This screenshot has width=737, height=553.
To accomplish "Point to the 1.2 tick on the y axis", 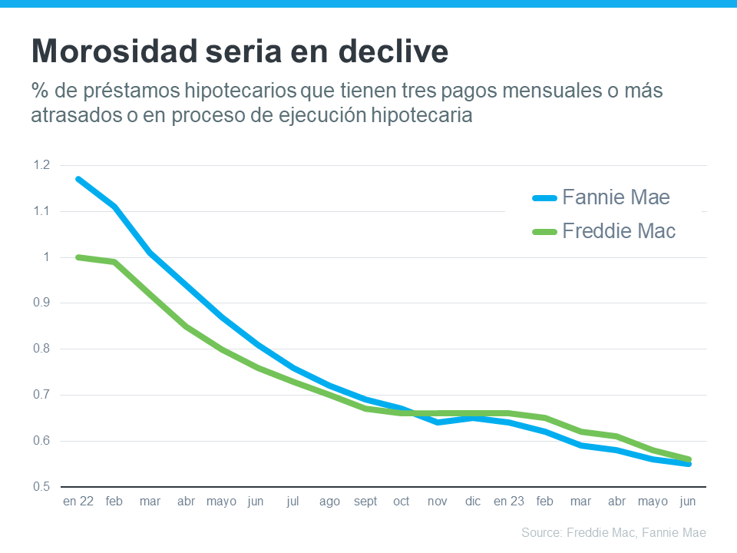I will point(41,165).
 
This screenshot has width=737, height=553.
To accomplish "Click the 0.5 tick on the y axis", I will point(41,487).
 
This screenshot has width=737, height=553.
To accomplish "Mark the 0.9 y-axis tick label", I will point(41,303).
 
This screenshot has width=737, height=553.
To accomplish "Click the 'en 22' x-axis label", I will point(78,502).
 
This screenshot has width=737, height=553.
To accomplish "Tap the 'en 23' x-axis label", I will point(508,502).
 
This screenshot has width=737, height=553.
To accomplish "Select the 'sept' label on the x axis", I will point(365,502).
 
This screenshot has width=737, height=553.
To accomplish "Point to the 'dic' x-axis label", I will point(473,502).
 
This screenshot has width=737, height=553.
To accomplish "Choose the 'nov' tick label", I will point(437,502).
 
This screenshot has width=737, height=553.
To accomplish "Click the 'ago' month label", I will point(329,502).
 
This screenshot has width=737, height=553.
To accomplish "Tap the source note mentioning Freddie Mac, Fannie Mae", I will point(613,532).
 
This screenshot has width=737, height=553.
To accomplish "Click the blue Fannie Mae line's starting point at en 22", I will point(78,179).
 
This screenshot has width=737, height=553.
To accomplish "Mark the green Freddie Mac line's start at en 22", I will point(78,257).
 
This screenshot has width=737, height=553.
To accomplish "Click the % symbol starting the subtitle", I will point(39,91).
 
